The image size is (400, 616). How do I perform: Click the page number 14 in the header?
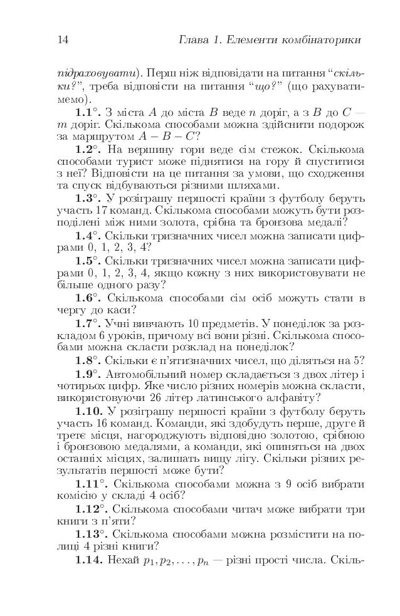coord(62,41)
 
